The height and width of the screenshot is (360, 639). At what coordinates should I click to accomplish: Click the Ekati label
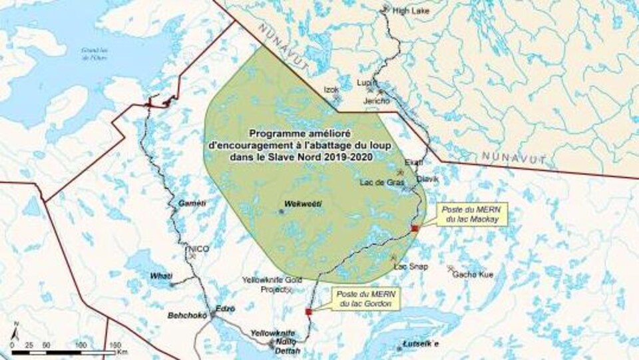point(413,162)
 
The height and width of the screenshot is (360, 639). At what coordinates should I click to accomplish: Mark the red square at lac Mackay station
point(415,228)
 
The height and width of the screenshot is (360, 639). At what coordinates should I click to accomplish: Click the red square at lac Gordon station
point(308,311)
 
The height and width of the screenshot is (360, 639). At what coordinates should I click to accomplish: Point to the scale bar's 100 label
point(81,345)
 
